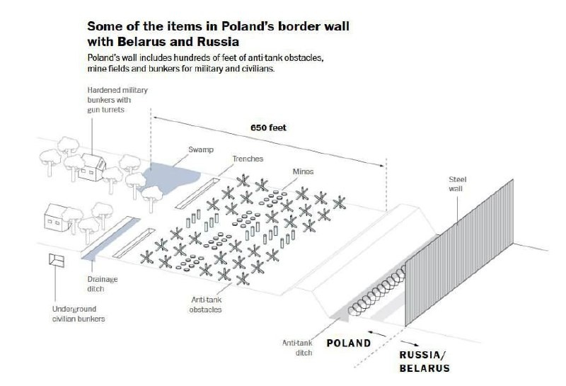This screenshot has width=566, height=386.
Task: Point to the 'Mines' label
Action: [304, 171]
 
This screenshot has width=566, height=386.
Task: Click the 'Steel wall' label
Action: [458, 184]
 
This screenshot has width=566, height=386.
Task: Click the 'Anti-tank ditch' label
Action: [299, 347]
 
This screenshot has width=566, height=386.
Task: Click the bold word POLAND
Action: [348, 344]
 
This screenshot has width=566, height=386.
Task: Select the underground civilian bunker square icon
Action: [55, 261]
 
